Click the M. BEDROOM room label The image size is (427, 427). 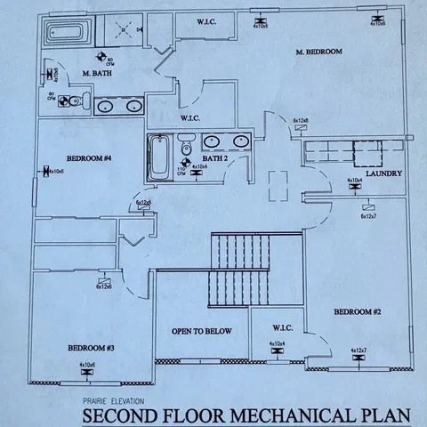(318, 52)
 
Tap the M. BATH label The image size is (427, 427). (95, 73)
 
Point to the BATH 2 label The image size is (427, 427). (214, 157)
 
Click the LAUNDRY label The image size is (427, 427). (384, 173)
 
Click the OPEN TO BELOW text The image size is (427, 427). (202, 331)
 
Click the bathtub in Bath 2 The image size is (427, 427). (161, 157)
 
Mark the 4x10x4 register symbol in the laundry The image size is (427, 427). (354, 188)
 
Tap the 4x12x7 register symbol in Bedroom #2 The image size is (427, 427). (359, 359)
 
